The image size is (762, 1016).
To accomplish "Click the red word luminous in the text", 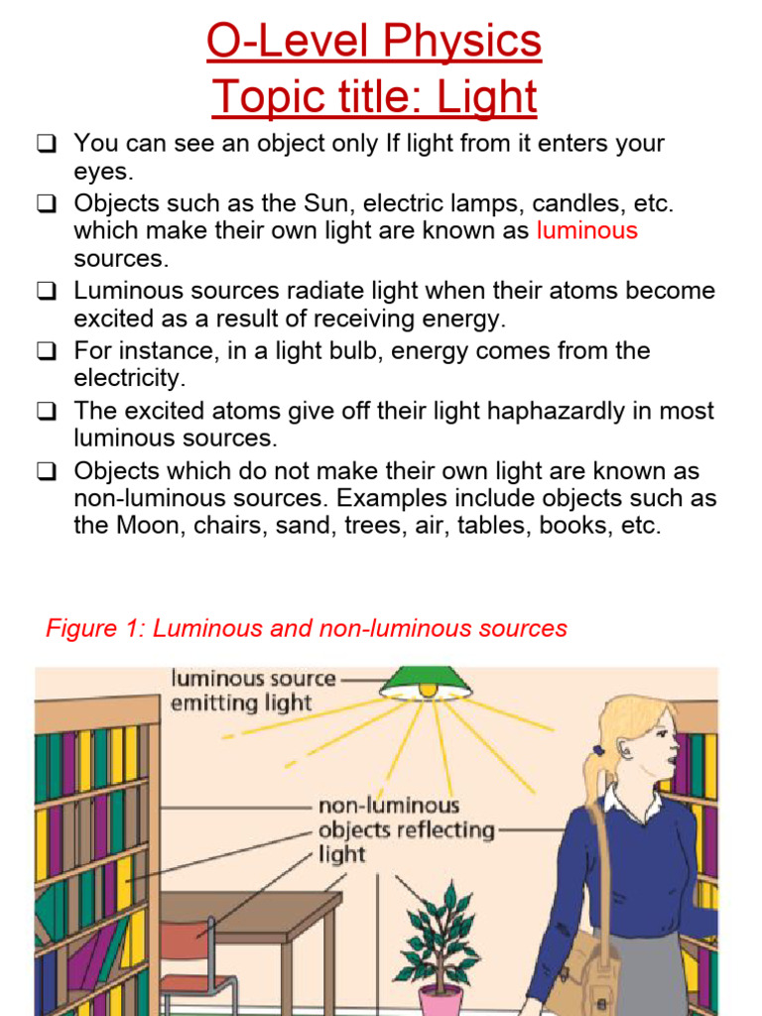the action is click(x=586, y=231).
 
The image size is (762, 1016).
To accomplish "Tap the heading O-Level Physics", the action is click(x=374, y=42).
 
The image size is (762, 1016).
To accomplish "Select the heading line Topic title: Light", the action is click(x=374, y=97).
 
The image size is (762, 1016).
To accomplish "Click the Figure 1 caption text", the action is click(x=307, y=628).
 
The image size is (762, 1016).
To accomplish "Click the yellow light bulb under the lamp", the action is click(x=428, y=689).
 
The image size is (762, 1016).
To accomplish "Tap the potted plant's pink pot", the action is click(x=440, y=1000).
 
